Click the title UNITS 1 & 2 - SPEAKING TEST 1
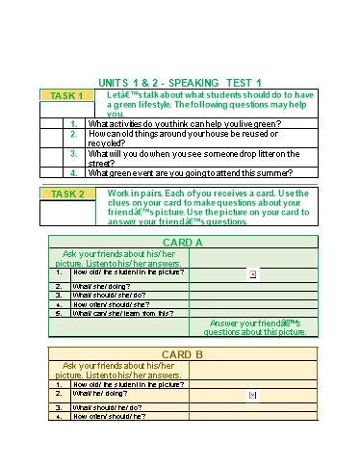pos(181,83)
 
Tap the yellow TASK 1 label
pos(66,96)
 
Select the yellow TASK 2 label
pos(66,194)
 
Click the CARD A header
pos(182,243)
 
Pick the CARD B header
pos(182,354)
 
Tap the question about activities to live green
pos(184,123)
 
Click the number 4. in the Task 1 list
pos(74,173)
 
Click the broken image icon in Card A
pos(252,274)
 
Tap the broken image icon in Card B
pos(252,395)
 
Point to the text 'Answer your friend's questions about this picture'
pos(257,327)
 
